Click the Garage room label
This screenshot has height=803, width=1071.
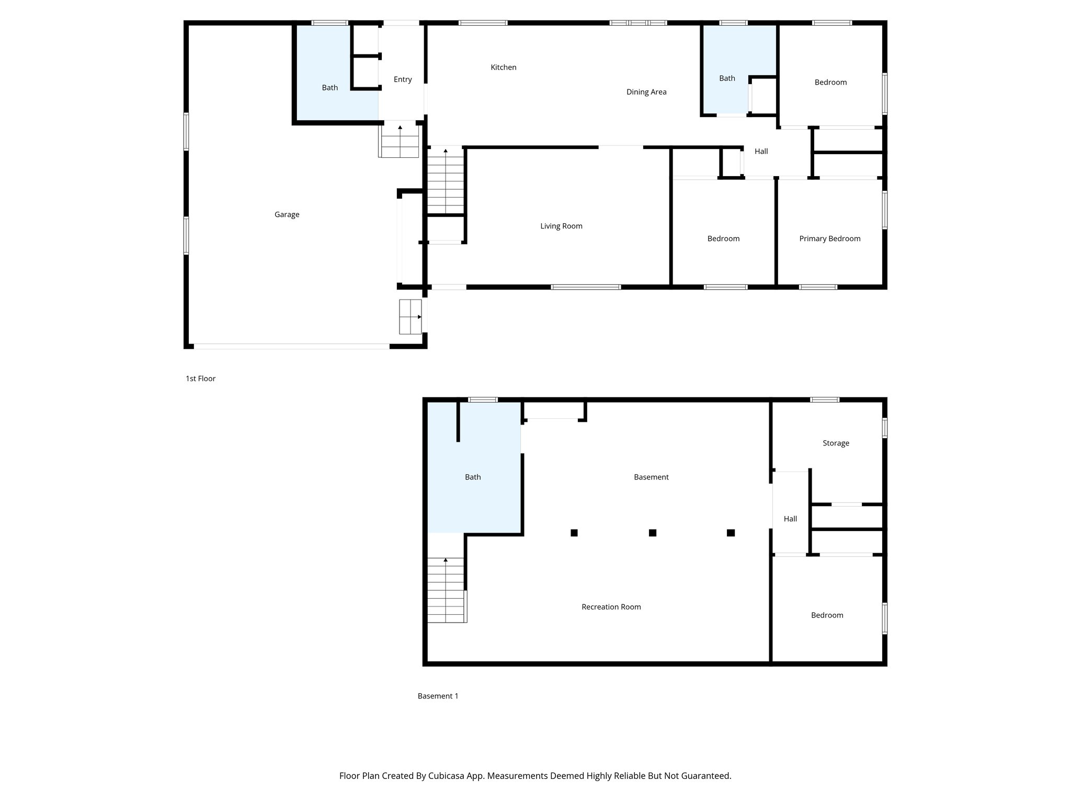287,214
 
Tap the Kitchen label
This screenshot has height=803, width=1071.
503,67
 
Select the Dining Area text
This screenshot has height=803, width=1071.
646,92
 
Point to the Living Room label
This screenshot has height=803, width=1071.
561,226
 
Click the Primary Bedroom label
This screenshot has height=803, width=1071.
829,238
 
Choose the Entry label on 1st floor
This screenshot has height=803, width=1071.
403,79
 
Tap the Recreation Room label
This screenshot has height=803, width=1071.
611,607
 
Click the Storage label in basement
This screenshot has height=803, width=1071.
836,443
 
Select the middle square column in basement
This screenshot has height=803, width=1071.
652,533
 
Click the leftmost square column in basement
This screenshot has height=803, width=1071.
574,533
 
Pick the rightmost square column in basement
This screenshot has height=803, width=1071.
731,533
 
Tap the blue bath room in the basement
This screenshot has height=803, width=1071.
473,477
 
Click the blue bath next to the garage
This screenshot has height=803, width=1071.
329,87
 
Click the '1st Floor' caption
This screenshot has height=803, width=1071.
200,378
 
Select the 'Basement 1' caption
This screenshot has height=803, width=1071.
438,696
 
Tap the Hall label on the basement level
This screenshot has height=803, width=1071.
790,519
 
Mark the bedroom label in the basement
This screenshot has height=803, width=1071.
827,615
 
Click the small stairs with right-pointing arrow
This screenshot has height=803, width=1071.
410,317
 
